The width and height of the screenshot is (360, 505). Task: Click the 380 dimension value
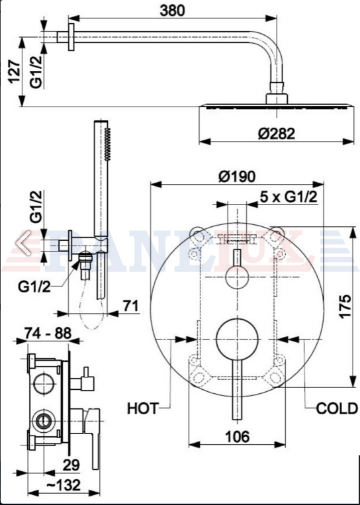click(173, 11)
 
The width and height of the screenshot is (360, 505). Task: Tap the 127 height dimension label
click(14, 71)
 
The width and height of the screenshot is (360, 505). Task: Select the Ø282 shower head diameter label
click(276, 134)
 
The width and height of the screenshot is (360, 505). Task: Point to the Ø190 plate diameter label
click(237, 177)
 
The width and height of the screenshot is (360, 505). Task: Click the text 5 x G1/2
click(289, 197)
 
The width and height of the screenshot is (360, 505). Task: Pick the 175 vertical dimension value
click(345, 306)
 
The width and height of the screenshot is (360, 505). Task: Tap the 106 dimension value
click(237, 437)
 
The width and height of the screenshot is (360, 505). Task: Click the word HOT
click(143, 409)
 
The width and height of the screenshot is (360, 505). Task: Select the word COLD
click(337, 409)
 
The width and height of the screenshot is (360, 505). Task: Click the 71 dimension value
click(130, 305)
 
